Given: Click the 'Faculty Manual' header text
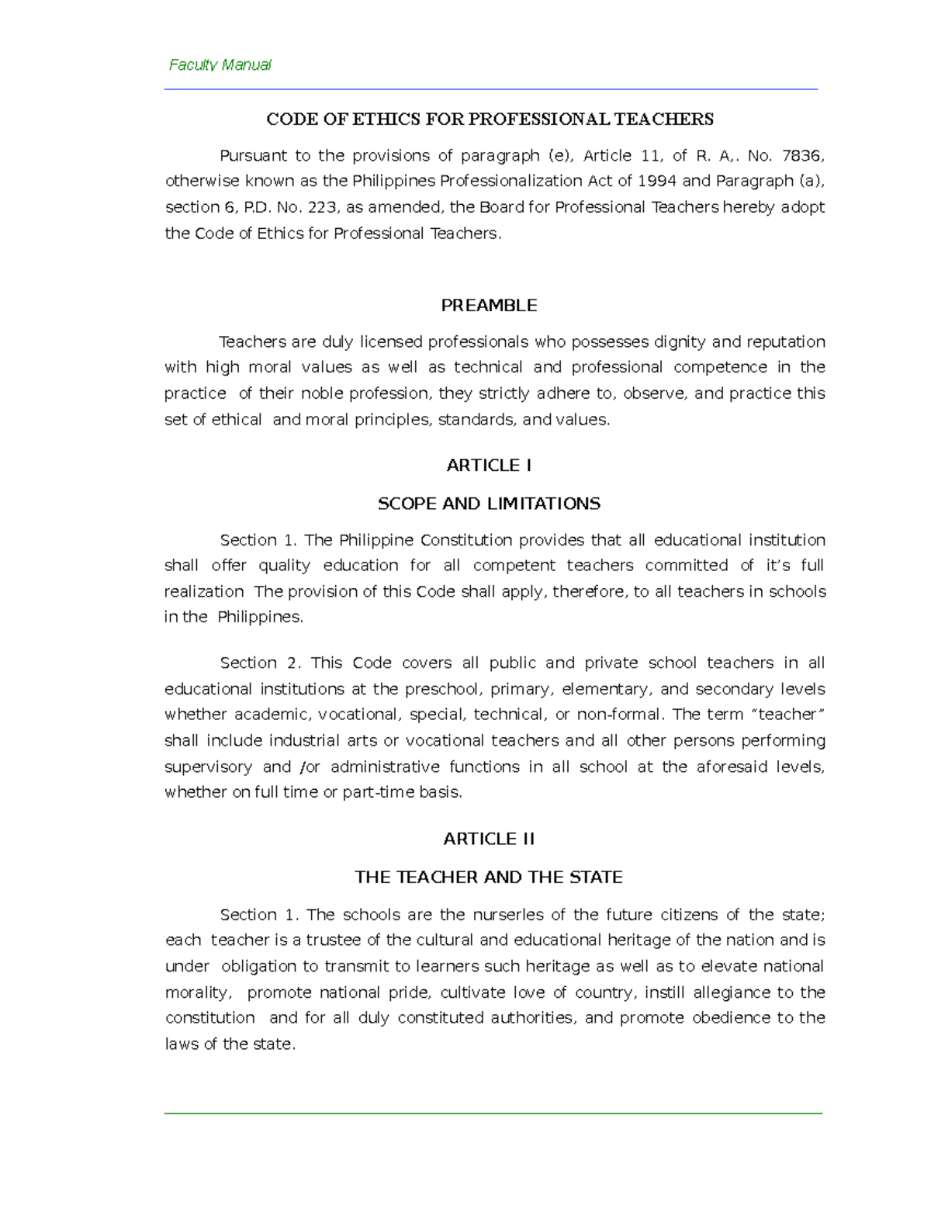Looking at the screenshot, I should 220,65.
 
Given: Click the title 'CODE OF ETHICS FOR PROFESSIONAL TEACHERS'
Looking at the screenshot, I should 490,119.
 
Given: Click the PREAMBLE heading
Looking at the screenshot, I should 489,306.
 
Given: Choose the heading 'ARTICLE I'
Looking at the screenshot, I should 489,466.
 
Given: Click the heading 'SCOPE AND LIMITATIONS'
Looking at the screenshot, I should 489,504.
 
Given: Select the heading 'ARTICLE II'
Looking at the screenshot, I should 489,839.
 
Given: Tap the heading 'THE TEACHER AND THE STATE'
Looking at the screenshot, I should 489,878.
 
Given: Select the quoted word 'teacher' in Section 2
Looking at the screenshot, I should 787,715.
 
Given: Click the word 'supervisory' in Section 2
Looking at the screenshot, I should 208,767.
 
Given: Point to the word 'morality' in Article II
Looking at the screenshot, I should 197,992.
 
